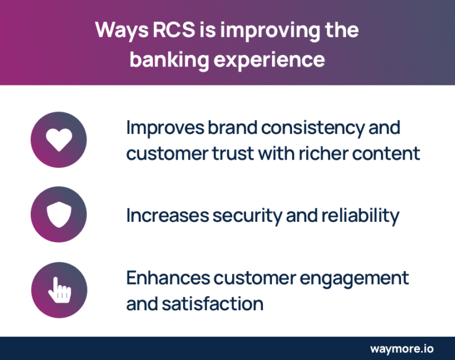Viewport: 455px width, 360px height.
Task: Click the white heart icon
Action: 59,140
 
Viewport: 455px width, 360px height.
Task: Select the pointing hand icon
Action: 59,289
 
